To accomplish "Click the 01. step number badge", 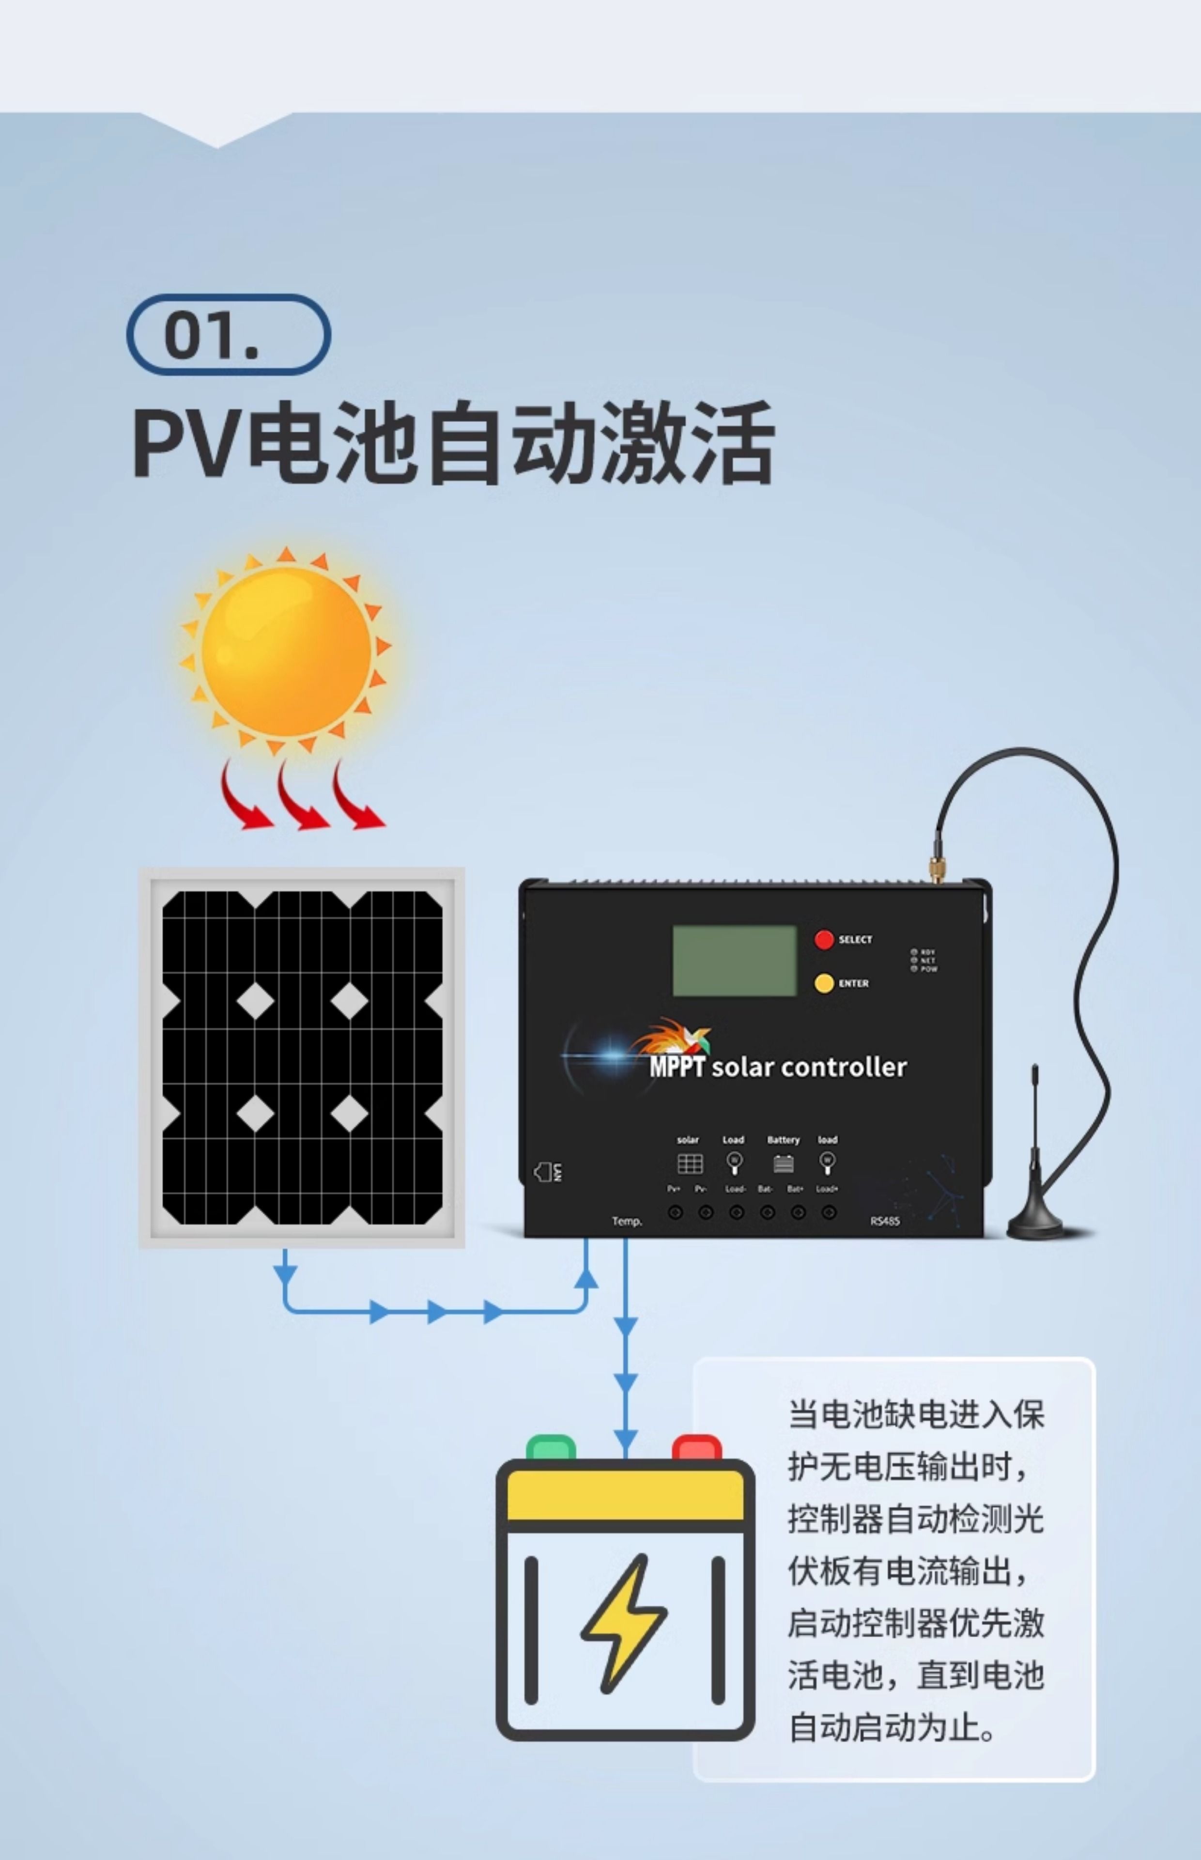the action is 229,335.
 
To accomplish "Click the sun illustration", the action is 286,651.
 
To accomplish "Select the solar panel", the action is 302,1057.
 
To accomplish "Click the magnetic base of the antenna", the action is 1036,1224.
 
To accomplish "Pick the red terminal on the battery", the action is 696,1447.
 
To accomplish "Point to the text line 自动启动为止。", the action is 892,1727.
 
